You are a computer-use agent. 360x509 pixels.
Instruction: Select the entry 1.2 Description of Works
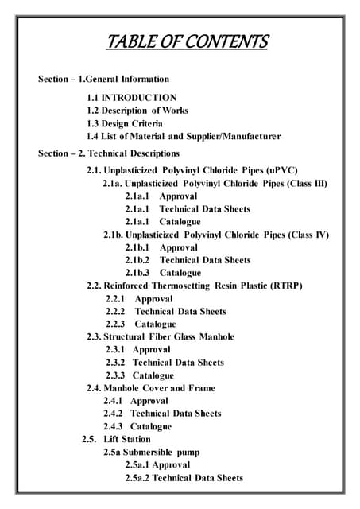(137, 111)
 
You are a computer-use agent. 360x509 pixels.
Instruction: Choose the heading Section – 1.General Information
(103, 79)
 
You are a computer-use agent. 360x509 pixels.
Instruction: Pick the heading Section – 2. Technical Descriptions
(109, 153)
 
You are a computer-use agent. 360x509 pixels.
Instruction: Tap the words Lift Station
(127, 439)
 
